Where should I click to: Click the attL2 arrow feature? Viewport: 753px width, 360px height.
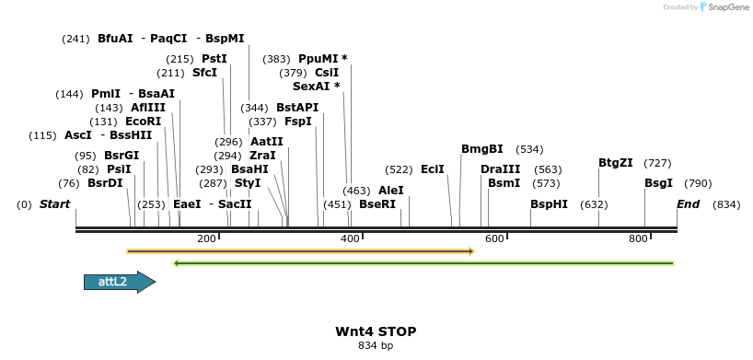click(118, 283)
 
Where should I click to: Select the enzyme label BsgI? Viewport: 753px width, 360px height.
click(658, 183)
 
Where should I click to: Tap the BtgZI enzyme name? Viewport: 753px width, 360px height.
click(615, 163)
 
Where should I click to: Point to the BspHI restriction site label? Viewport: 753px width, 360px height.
click(549, 204)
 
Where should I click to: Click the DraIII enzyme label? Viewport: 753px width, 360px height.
click(500, 169)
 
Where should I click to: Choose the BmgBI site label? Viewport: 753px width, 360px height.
click(482, 149)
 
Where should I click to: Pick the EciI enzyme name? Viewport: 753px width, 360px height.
click(433, 169)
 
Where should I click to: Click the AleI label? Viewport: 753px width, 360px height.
click(391, 191)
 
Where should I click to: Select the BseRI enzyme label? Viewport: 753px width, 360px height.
click(377, 204)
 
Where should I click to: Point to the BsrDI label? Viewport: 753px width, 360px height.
click(105, 183)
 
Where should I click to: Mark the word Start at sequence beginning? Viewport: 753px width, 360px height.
click(55, 204)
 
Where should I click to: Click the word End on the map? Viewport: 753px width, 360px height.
click(689, 204)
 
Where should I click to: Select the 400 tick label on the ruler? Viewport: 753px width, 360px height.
click(351, 238)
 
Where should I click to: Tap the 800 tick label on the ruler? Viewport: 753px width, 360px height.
click(638, 238)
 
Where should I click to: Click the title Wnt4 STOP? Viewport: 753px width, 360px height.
click(376, 331)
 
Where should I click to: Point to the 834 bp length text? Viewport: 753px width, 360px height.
click(376, 346)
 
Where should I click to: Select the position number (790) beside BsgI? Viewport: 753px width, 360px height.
click(699, 183)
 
